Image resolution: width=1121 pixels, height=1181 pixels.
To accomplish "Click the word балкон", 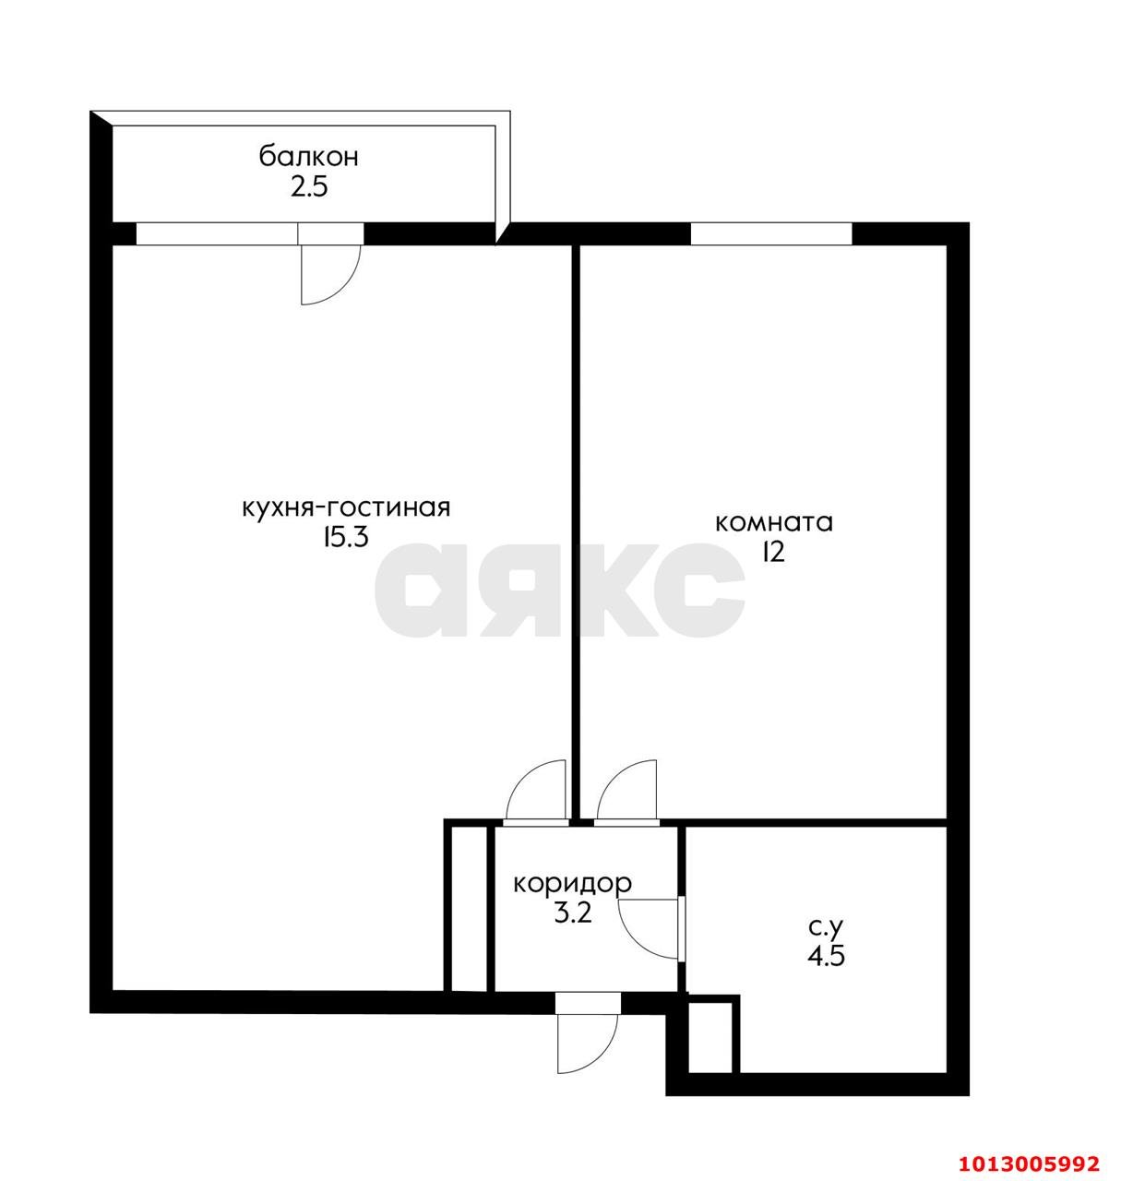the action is (309, 157).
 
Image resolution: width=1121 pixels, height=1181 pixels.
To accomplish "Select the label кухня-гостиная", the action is (346, 508).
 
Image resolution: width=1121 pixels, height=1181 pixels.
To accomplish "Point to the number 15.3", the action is (345, 538).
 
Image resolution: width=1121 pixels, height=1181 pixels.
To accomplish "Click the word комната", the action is (774, 522).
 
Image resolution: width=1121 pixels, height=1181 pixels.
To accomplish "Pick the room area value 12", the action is (774, 552).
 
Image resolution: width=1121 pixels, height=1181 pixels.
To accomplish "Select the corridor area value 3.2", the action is (573, 913).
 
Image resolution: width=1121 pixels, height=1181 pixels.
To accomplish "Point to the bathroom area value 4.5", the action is (826, 956).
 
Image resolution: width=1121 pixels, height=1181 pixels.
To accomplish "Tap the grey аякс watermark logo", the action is (560, 590).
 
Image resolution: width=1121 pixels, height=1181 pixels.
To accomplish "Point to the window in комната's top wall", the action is (771, 233).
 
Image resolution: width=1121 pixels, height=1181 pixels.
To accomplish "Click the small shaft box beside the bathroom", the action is (710, 1037).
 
